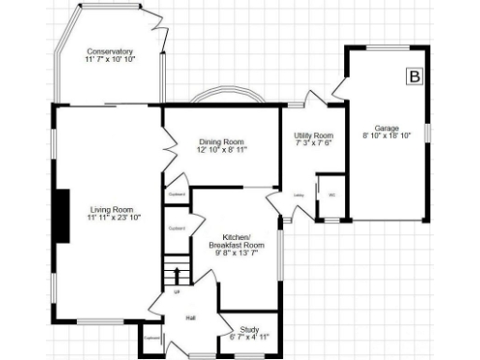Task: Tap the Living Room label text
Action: pyautogui.click(x=112, y=209)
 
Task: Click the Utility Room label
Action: pyautogui.click(x=314, y=135)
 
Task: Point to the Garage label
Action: pyautogui.click(x=387, y=127)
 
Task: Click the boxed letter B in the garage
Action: pyautogui.click(x=413, y=77)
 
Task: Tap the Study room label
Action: pyautogui.click(x=249, y=329)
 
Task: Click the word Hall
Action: pyautogui.click(x=190, y=319)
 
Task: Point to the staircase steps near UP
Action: pyautogui.click(x=175, y=276)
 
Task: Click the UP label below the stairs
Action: pyautogui.click(x=175, y=292)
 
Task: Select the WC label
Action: pyautogui.click(x=332, y=195)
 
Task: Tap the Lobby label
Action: pyautogui.click(x=299, y=196)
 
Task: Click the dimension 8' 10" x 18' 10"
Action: pyautogui.click(x=387, y=136)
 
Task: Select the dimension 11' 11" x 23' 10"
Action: pyautogui.click(x=112, y=217)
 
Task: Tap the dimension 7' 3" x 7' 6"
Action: pyautogui.click(x=314, y=143)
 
